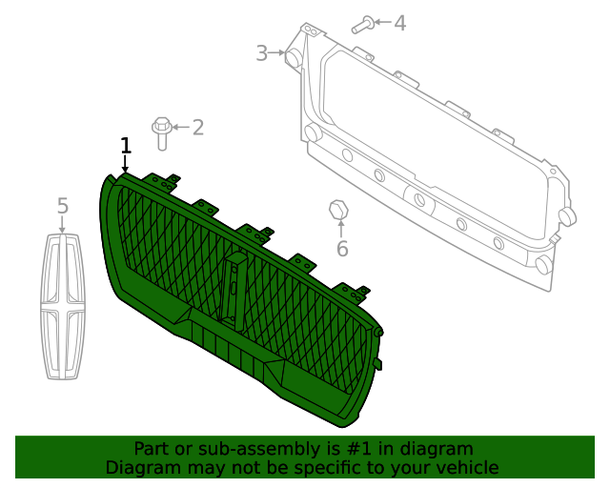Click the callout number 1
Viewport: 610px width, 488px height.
(x=125, y=145)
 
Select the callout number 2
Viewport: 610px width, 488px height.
(x=198, y=127)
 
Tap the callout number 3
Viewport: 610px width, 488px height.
(x=261, y=53)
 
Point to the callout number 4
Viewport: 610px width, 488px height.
(x=399, y=22)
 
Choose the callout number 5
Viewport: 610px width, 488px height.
(x=63, y=206)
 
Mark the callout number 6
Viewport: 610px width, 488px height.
(x=342, y=250)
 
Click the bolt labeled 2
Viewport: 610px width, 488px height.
(x=161, y=132)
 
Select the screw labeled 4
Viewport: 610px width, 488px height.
(x=362, y=25)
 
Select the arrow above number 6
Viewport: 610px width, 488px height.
(x=341, y=230)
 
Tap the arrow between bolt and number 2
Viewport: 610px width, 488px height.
(x=180, y=127)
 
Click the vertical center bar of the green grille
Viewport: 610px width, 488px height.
(x=233, y=286)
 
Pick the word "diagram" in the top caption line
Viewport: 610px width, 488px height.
(x=437, y=449)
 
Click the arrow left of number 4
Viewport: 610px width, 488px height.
(x=381, y=22)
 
